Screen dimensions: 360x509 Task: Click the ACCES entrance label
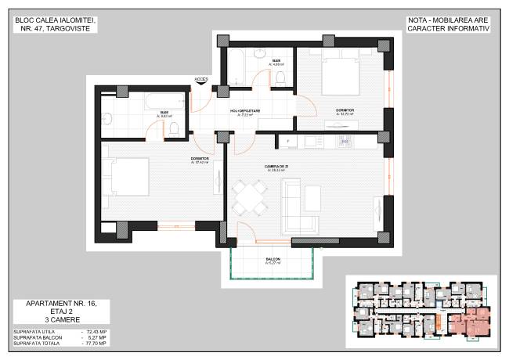tap(201, 79)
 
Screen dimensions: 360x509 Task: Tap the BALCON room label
tap(273, 259)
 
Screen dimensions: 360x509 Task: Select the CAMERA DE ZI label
tap(276, 167)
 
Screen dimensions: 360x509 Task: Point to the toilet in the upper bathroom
tap(280, 77)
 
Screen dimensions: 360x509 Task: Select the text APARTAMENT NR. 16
tap(60, 303)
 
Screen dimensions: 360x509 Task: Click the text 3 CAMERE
tap(60, 319)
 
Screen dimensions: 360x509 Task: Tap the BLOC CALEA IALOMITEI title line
tap(54, 19)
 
